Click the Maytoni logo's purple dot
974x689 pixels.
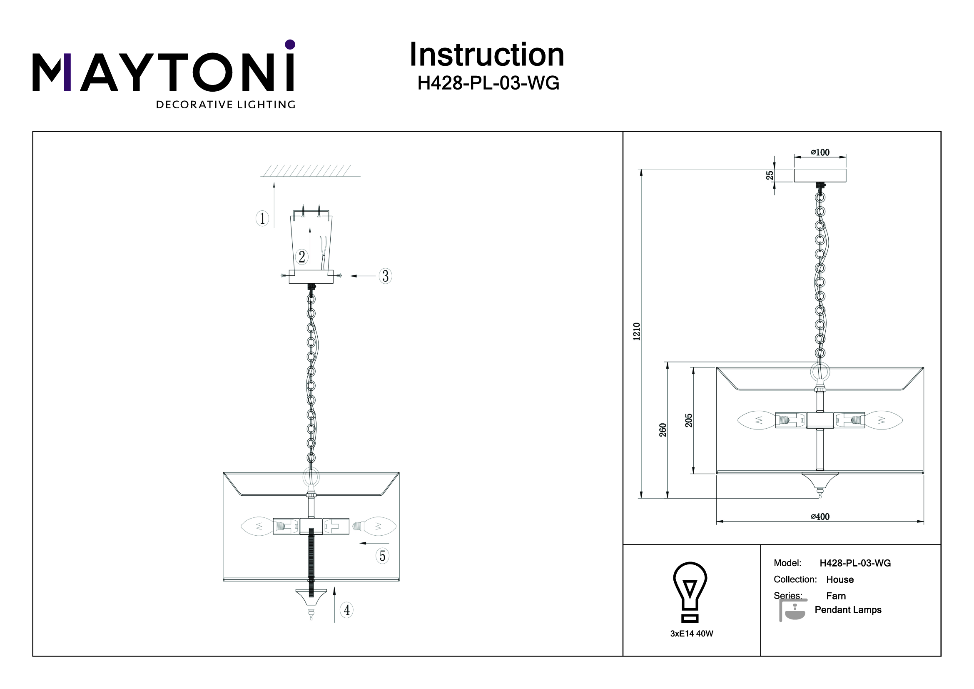(x=290, y=45)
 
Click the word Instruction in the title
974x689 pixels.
(x=486, y=55)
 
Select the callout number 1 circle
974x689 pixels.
(x=262, y=219)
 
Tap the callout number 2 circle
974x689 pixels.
(x=301, y=257)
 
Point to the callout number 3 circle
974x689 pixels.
(x=385, y=276)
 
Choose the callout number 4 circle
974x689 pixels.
(x=346, y=610)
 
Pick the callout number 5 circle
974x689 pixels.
(x=382, y=556)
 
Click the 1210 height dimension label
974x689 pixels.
(x=636, y=332)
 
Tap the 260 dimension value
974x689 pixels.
(x=663, y=430)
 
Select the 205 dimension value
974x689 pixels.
(x=688, y=420)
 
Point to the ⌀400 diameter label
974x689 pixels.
(x=820, y=517)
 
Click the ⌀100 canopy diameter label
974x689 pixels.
(x=820, y=152)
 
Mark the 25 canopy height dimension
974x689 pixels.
(x=770, y=175)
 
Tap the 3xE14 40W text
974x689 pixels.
(x=692, y=634)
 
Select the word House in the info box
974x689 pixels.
(x=839, y=579)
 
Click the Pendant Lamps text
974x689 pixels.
(x=847, y=610)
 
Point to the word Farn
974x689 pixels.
(x=836, y=596)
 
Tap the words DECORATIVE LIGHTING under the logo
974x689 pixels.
(x=226, y=105)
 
